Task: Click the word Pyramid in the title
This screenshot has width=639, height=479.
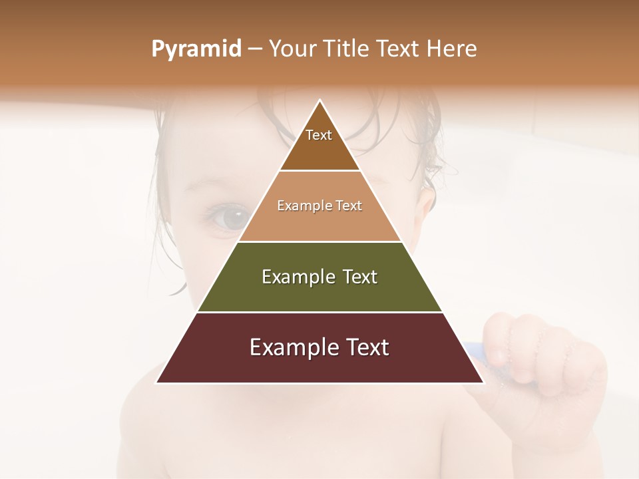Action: [x=196, y=49]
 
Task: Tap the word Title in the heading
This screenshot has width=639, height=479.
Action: [x=347, y=49]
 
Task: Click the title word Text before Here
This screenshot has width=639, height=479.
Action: [x=399, y=49]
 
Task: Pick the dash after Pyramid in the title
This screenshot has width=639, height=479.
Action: [x=255, y=49]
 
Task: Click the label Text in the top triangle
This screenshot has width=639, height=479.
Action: [x=319, y=135]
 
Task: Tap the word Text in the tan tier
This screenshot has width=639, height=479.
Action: [x=349, y=206]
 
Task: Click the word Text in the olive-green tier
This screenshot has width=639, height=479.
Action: [x=360, y=277]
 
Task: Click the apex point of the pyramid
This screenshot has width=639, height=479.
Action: [x=319, y=100]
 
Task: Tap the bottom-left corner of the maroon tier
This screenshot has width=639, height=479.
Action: [x=156, y=383]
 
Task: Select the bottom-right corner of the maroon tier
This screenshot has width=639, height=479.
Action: [x=483, y=383]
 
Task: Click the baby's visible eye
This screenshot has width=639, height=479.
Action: [x=230, y=218]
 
